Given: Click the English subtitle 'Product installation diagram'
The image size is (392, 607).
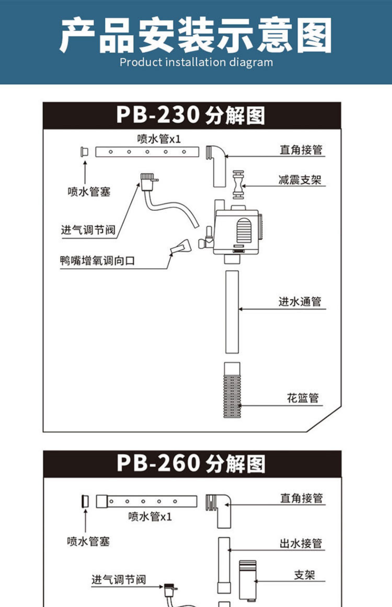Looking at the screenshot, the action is click(196, 62).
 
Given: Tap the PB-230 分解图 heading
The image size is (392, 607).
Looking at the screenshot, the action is click(191, 115).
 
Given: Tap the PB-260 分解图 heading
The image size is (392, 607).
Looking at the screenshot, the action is click(191, 464).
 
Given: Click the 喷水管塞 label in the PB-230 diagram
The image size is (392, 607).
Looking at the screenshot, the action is click(89, 192).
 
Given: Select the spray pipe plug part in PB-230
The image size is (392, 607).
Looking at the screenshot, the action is click(84, 152).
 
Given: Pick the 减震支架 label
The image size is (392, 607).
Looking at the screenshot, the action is click(299, 180).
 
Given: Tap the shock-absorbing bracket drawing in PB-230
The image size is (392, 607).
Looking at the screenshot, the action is click(238, 185).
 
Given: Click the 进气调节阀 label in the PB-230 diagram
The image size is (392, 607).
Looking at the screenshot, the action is click(88, 230).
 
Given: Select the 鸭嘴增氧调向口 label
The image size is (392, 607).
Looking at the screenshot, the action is click(97, 261).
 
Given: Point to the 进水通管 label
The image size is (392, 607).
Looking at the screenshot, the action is click(299, 301).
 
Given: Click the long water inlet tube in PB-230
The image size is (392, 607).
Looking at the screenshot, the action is click(232, 312).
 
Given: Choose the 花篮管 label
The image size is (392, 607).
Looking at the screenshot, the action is click(303, 398).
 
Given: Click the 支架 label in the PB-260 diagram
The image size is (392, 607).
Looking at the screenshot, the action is click(304, 575).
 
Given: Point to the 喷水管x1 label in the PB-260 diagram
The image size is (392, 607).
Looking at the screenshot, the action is click(150, 517).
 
